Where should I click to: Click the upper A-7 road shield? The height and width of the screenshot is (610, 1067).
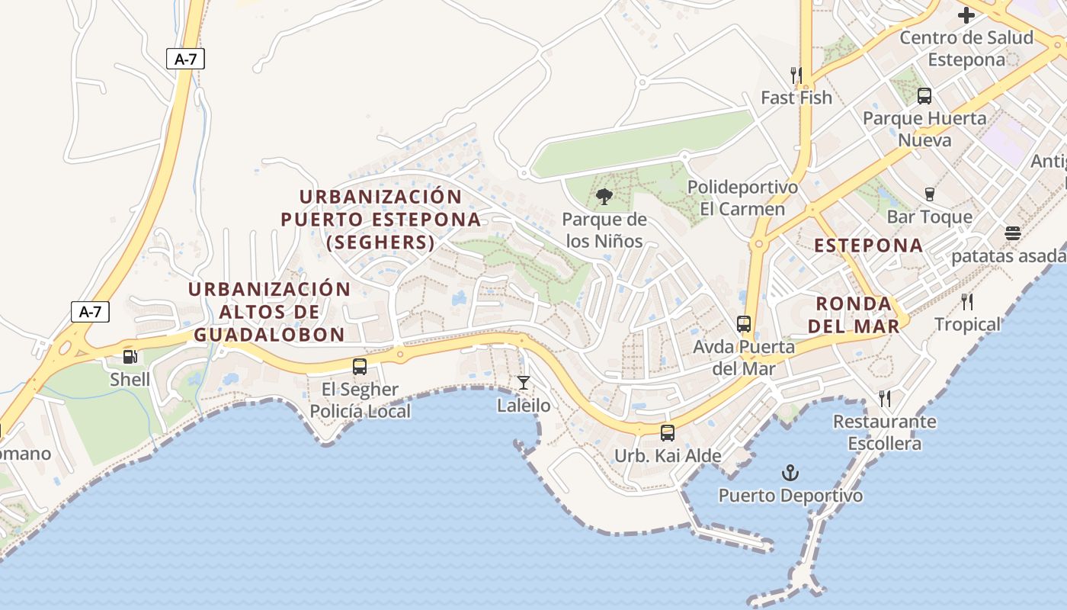pos(185,59)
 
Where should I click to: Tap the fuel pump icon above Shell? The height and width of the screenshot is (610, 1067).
pos(130,356)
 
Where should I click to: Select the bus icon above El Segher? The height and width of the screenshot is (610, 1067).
pos(360,366)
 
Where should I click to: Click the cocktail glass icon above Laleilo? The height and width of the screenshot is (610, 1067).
pos(524,382)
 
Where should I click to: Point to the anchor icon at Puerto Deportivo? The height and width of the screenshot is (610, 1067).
pos(790,473)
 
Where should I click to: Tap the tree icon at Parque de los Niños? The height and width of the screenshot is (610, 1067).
pos(604,197)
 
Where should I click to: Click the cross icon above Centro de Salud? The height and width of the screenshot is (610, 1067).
pos(966,14)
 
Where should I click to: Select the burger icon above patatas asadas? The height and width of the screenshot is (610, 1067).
pos(1012,233)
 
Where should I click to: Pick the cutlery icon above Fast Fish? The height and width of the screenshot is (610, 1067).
pos(796,75)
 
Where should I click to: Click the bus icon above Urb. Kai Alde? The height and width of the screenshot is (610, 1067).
pos(668,433)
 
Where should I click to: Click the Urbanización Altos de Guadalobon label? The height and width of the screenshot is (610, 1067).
pos(269,312)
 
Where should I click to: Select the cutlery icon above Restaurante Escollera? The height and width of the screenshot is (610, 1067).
pos(885,398)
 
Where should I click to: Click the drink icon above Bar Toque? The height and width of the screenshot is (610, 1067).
pos(929,194)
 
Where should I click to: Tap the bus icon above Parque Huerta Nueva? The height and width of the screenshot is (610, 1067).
pos(924,96)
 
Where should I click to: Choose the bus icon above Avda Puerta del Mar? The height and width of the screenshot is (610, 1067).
pos(744,324)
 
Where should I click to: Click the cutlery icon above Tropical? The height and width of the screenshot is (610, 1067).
pos(967,302)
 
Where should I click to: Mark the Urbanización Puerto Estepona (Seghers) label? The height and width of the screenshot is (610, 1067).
pos(380,220)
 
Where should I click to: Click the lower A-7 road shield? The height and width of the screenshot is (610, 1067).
pos(90,311)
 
